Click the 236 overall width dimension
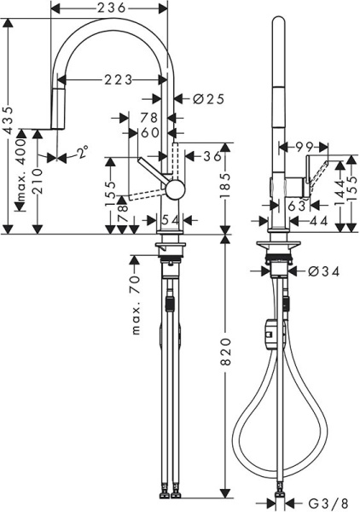109,8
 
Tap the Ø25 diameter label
208,99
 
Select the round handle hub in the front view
174,189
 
